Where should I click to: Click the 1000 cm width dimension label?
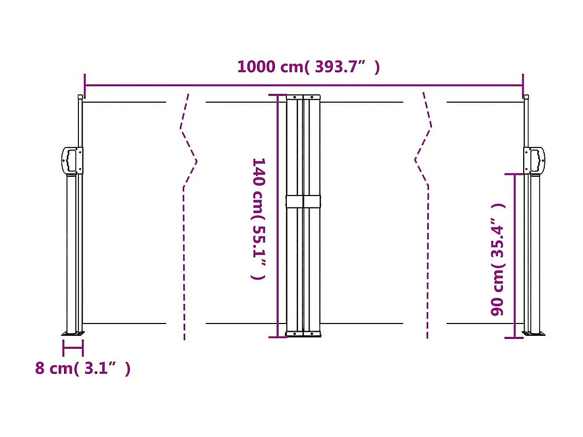tap(308, 67)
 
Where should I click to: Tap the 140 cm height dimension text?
tap(258, 219)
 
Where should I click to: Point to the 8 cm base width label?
tap(83, 369)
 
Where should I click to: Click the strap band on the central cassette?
tap(303, 202)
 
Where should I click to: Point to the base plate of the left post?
tap(73, 333)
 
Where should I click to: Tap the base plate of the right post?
tap(534, 333)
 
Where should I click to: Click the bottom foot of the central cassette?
tap(303, 334)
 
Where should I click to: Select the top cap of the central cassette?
tap(303, 96)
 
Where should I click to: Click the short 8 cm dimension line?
tap(73, 348)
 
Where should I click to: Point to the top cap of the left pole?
tap(79, 96)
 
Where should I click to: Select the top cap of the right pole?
tap(526, 96)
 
